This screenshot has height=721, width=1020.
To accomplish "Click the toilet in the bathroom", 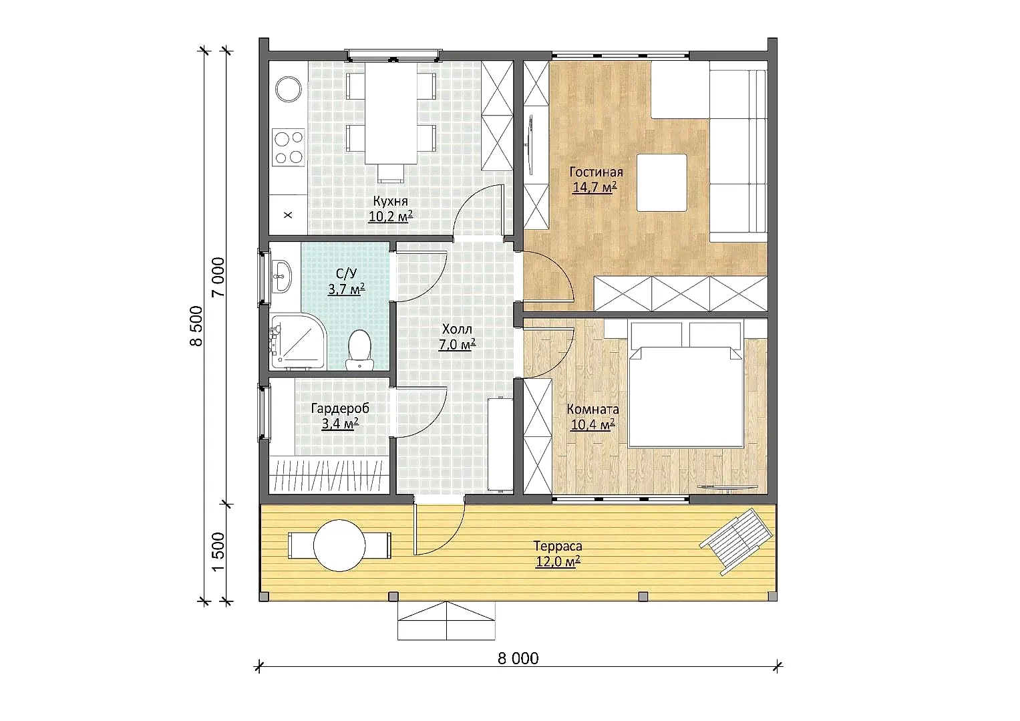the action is (360, 349).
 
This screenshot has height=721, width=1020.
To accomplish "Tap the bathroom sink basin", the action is (283, 276).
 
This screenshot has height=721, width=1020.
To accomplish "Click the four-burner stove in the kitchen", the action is (289, 146).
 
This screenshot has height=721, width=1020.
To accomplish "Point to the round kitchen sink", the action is (289, 90).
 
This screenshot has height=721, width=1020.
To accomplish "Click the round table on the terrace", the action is (339, 545).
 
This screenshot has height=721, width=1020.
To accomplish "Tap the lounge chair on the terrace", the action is (737, 541).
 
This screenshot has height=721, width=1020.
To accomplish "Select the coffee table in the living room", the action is (662, 182).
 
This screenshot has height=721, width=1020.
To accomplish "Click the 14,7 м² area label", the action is (594, 187).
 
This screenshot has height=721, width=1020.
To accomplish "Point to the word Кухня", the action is (391, 201).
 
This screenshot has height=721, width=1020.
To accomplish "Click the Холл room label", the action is (457, 329).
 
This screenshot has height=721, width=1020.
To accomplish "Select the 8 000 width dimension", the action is (518, 658).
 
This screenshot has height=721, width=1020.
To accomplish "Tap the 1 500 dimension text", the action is (218, 551).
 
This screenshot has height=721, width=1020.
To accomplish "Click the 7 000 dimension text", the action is (218, 277).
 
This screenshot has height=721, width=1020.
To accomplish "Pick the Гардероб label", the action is (340, 408).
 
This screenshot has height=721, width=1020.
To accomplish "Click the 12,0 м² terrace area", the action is (558, 561).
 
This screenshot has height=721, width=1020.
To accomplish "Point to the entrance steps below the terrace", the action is (446, 621).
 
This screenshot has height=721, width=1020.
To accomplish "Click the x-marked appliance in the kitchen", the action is (288, 215).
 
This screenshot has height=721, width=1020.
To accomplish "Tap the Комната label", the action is (593, 410).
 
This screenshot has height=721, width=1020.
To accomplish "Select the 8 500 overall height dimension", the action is (196, 326).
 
